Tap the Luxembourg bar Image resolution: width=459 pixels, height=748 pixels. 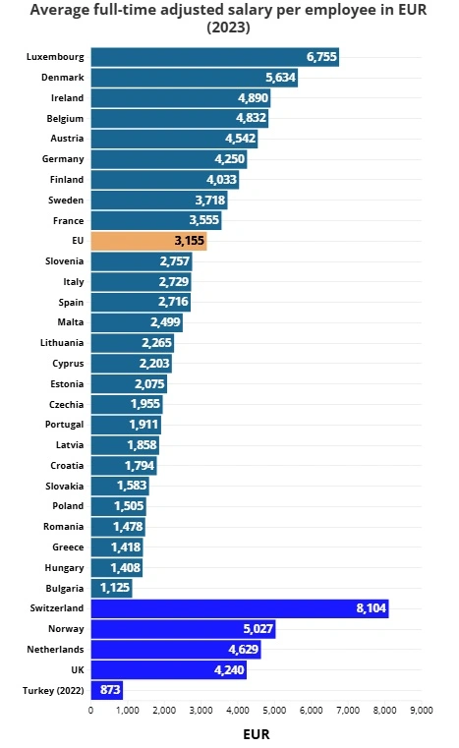214,57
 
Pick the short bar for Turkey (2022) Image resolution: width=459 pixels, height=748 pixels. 106,690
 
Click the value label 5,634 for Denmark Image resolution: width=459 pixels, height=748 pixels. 280,78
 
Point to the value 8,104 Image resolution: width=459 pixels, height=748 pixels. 371,609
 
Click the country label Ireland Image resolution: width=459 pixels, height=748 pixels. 67,98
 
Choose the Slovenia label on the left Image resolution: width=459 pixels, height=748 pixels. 64,261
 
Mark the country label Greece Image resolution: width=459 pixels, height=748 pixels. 68,547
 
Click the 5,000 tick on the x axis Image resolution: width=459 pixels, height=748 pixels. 274,710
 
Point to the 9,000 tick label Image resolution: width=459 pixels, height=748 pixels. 421,710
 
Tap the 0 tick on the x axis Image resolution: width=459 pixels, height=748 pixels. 90,710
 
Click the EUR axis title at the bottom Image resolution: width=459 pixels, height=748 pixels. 256,733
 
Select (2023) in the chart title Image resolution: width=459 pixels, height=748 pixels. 228,28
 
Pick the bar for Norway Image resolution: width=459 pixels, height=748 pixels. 183,629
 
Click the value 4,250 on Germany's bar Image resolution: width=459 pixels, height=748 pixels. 229,159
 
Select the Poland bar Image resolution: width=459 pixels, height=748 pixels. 118,506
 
